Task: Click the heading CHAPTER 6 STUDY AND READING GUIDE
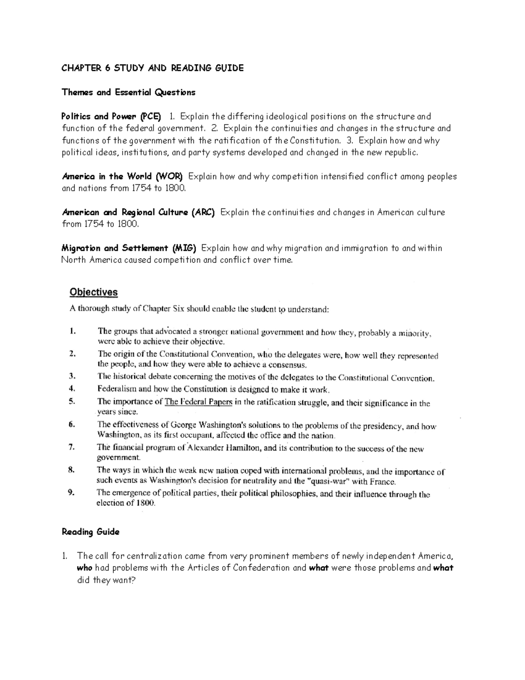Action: click(x=152, y=68)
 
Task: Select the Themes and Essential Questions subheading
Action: click(x=128, y=92)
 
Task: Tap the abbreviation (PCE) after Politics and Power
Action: click(x=150, y=116)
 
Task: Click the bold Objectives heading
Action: click(x=94, y=292)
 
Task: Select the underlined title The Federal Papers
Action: click(x=198, y=402)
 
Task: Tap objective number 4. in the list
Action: click(x=72, y=388)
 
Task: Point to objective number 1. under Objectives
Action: click(x=72, y=331)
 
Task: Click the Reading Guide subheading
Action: click(x=91, y=532)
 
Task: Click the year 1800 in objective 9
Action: click(x=146, y=503)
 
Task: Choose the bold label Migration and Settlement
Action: click(x=115, y=248)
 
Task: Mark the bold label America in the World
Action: click(x=107, y=176)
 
